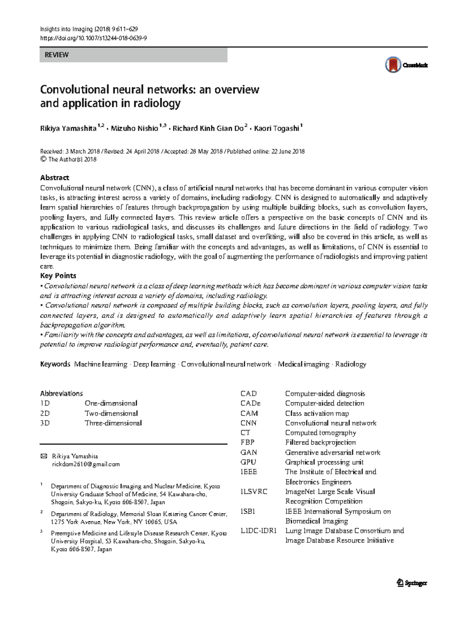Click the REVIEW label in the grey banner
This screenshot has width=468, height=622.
click(57, 55)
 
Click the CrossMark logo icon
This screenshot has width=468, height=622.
click(393, 65)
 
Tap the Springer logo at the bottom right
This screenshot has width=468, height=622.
click(412, 583)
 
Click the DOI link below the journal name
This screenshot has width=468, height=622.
click(93, 38)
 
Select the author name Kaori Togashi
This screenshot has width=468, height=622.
click(277, 128)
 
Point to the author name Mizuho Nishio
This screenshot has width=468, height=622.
click(134, 128)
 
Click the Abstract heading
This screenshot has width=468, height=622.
click(55, 178)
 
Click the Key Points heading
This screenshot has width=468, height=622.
click(58, 276)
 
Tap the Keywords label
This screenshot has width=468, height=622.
click(55, 364)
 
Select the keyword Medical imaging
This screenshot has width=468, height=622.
click(303, 364)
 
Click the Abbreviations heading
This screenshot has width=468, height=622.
click(61, 394)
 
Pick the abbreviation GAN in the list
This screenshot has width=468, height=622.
click(248, 453)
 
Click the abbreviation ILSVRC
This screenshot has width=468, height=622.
click(254, 492)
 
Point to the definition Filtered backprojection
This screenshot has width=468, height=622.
click(320, 442)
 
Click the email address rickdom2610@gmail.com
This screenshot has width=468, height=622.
click(86, 464)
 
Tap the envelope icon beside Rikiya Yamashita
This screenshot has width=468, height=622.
click(44, 456)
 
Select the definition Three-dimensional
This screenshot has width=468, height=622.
click(113, 423)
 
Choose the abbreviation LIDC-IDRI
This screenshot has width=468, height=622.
click(258, 531)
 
